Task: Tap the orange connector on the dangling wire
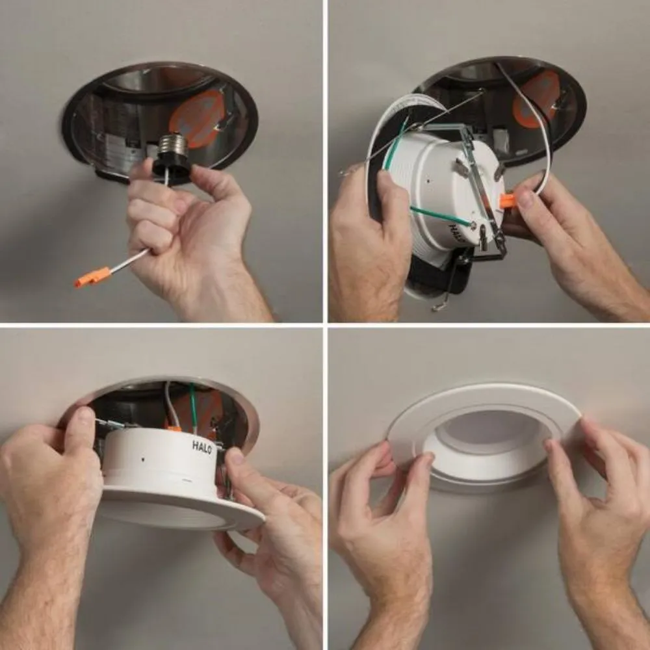click(x=93, y=277)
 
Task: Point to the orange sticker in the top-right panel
click(x=536, y=98)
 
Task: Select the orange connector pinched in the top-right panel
click(x=510, y=201)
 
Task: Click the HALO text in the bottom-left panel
click(x=202, y=447)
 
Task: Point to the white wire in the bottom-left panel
click(x=168, y=404)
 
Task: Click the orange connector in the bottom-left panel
click(x=174, y=428)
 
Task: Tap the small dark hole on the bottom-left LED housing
click(x=143, y=460)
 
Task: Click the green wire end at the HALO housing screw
click(x=472, y=224)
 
